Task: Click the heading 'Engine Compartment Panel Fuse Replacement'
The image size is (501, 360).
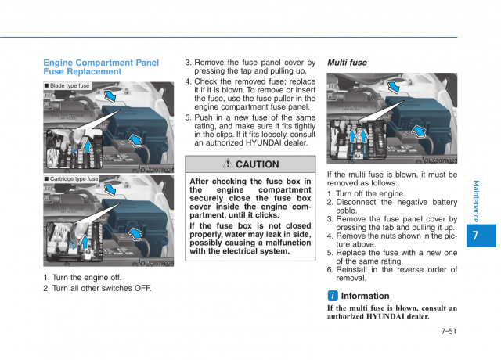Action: tap(100, 67)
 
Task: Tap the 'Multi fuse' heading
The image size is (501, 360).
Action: tap(347, 63)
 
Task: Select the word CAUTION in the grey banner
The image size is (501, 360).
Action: tap(257, 164)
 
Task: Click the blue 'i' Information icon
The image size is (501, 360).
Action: tap(333, 296)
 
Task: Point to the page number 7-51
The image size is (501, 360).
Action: tap(448, 331)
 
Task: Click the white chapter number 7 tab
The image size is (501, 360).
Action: tap(477, 236)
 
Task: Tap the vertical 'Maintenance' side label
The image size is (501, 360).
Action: tap(477, 200)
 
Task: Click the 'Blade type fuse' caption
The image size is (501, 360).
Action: tap(70, 85)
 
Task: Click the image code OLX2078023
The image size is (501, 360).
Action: tap(440, 160)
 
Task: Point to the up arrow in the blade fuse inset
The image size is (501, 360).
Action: tap(88, 146)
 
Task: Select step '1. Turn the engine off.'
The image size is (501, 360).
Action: tap(82, 277)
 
